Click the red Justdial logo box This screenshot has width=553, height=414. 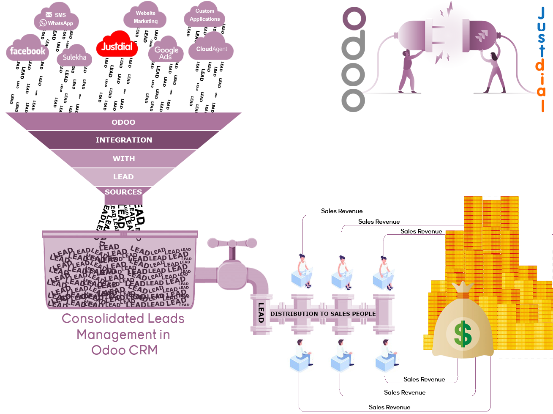(117, 44)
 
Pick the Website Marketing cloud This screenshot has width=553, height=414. (145, 17)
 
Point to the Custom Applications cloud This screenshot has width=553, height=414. (204, 15)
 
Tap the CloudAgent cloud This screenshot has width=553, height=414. (211, 49)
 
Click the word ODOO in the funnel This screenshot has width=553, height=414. (123, 122)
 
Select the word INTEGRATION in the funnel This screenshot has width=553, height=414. (123, 140)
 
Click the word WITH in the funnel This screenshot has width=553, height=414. (123, 159)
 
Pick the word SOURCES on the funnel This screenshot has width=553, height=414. (123, 192)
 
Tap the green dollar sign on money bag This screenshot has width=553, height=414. (463, 334)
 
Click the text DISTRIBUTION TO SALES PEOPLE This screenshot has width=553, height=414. (323, 314)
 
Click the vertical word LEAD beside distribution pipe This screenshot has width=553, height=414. (261, 313)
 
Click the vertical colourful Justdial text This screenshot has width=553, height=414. (541, 59)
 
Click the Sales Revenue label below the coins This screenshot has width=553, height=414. (424, 379)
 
